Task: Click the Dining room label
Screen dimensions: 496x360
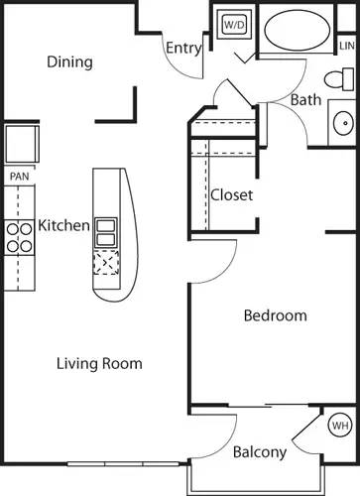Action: tap(69, 62)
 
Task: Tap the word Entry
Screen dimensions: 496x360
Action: tap(184, 48)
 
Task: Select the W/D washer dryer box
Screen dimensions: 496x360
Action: tap(234, 24)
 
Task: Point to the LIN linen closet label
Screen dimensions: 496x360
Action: tap(346, 47)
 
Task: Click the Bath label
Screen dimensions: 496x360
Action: tap(304, 99)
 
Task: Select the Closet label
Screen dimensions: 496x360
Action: tap(231, 194)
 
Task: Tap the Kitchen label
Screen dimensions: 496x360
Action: tap(64, 226)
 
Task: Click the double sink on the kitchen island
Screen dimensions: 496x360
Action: tap(106, 231)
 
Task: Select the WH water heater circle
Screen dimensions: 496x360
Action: tap(340, 427)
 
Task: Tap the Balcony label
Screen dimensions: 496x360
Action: tap(260, 452)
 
